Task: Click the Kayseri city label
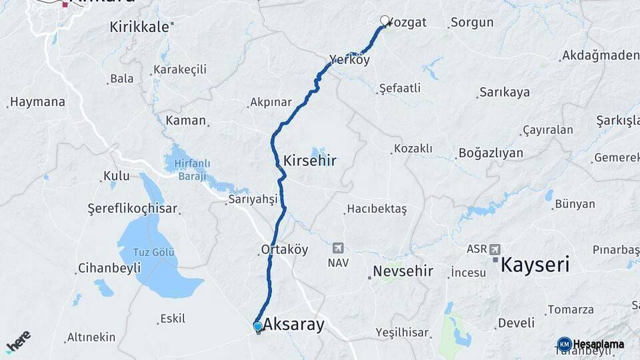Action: pyautogui.click(x=535, y=265)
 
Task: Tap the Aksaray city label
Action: pyautogui.click(x=293, y=325)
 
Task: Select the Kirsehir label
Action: pyautogui.click(x=309, y=161)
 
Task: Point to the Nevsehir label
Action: pyautogui.click(x=403, y=271)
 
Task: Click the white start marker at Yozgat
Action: pyautogui.click(x=385, y=21)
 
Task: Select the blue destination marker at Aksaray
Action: pyautogui.click(x=258, y=326)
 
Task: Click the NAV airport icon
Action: pyautogui.click(x=338, y=249)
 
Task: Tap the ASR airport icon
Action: pyautogui.click(x=494, y=249)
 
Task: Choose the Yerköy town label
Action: pyautogui.click(x=349, y=60)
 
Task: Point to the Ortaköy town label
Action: pyautogui.click(x=284, y=250)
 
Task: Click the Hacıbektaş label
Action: pyautogui.click(x=378, y=209)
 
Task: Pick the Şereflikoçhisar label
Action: pyautogui.click(x=133, y=209)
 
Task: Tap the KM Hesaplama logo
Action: pyautogui.click(x=591, y=344)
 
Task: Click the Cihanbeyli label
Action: pyautogui.click(x=109, y=268)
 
